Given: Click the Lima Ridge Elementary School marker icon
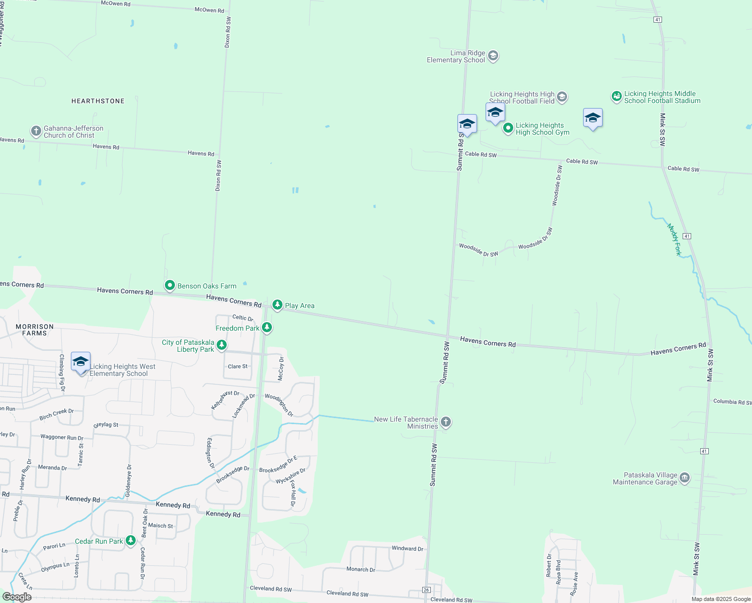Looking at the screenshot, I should pos(493,55).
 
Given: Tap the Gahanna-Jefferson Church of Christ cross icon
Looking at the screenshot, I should pos(36,132).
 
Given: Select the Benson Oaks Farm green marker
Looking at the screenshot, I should pos(170,285).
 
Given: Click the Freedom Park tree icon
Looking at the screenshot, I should pos(267,328).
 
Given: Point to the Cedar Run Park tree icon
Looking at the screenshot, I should pos(131,541).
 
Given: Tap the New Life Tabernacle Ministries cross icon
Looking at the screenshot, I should pos(446,422).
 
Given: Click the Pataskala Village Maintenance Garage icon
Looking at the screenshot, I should pos(685,478).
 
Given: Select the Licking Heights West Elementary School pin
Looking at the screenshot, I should pos(80,362).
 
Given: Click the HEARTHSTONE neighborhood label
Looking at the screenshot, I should pos(98,101).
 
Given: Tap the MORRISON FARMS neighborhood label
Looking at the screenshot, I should pos(35,330).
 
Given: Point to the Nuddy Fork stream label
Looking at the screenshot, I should pos(674,240).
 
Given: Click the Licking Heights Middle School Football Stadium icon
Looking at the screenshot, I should pos(617,96).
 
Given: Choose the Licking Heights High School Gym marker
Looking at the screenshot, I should pos(508,129).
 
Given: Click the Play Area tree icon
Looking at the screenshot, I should pos(277,305).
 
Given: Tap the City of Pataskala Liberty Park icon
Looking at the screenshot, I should pos(222,345).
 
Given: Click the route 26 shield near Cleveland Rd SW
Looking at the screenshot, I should pos(426,589).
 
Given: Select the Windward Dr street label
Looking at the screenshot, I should pos(407,548).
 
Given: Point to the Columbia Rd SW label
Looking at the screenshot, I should pos(732,401).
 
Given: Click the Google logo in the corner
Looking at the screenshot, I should pos(17,597).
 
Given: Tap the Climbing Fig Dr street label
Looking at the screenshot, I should pos(62,372).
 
